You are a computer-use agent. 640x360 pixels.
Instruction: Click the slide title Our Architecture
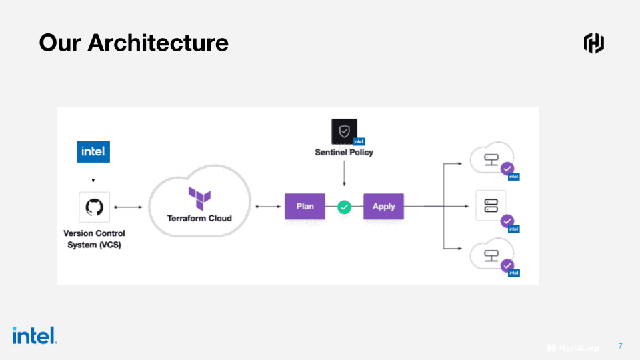(x=133, y=43)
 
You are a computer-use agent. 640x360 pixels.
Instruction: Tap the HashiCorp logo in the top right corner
(x=593, y=43)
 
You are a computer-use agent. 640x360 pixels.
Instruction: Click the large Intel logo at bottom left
(x=34, y=335)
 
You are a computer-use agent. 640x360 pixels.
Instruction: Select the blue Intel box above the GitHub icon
(x=93, y=151)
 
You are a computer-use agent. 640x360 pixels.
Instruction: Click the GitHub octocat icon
(x=94, y=207)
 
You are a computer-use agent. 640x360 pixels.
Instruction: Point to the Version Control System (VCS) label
(x=94, y=239)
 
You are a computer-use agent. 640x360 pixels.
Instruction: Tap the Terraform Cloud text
(x=199, y=218)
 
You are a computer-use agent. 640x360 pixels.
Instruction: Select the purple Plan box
(x=305, y=207)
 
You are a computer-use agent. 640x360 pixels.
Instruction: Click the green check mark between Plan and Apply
(x=344, y=207)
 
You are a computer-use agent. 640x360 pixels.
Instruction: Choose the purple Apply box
(x=383, y=207)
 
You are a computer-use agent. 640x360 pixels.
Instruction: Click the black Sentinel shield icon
(x=344, y=131)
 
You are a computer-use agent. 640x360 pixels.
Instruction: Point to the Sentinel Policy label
(x=344, y=152)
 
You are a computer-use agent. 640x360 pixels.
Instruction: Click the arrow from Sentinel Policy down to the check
(x=344, y=175)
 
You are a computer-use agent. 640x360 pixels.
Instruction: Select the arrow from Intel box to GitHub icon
(x=93, y=173)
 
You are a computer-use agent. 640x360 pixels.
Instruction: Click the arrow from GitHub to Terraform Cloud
(x=128, y=207)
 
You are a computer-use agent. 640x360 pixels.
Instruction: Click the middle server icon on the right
(x=491, y=205)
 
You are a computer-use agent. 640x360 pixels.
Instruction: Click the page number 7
(x=620, y=346)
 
